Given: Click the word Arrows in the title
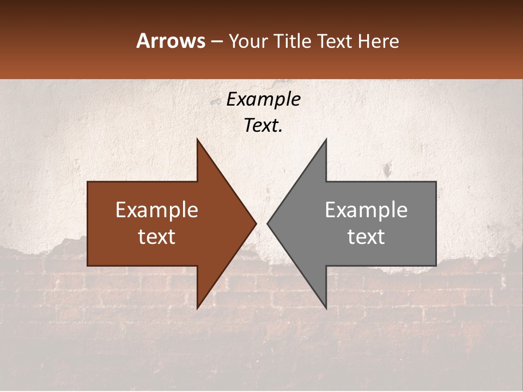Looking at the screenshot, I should [x=171, y=41].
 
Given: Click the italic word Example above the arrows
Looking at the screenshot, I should [x=263, y=100].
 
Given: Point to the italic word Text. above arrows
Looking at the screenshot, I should [x=263, y=126].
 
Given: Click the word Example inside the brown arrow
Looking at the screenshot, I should [x=157, y=210].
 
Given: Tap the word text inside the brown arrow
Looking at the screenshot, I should [x=157, y=237].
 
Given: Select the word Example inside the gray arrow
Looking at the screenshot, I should [x=366, y=210].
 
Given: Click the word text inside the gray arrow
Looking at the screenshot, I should [x=366, y=237].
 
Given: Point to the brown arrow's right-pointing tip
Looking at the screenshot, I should [x=256, y=223].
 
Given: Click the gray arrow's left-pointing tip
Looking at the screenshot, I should [x=267, y=223].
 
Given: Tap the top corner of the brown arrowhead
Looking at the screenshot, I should [x=197, y=139].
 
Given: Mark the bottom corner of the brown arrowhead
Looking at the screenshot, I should [x=197, y=308].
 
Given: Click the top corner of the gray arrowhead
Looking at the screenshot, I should [x=326, y=139].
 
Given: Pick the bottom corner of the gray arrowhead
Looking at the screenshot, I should [x=326, y=308].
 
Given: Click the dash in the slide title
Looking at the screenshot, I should [x=216, y=41].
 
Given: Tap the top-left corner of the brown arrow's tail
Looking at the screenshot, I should [x=88, y=182].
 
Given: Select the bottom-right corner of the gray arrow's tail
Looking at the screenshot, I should [x=436, y=265].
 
